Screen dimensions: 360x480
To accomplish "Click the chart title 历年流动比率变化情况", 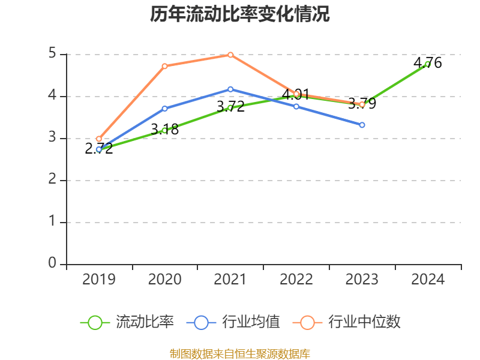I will tap(240, 14).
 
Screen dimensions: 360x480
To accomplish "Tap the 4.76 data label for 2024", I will tap(428, 62).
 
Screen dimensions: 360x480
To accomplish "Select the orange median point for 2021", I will tap(230, 55).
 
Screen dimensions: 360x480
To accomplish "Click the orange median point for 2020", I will tap(164, 66).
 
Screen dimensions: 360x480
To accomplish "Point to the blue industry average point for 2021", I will tap(230, 89).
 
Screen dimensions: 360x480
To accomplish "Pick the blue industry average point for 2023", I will tap(362, 125).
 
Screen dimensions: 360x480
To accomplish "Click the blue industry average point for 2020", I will tap(164, 109).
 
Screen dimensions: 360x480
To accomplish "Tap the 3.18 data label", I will tap(164, 129).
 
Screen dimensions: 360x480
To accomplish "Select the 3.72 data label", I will tap(230, 107).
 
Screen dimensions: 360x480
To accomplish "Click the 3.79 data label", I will tap(362, 104).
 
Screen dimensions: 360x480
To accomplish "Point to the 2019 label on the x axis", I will tap(98, 280).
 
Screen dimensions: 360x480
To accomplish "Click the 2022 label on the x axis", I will tap(296, 280).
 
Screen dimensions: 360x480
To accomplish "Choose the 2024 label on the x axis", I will tap(428, 280).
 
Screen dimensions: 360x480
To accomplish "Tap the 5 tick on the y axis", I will tap(53, 54).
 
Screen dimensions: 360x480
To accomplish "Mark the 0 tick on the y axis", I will tap(53, 264).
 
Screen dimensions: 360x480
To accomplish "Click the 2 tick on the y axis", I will tap(53, 180).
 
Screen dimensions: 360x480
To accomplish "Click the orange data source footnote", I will tap(240, 353).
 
